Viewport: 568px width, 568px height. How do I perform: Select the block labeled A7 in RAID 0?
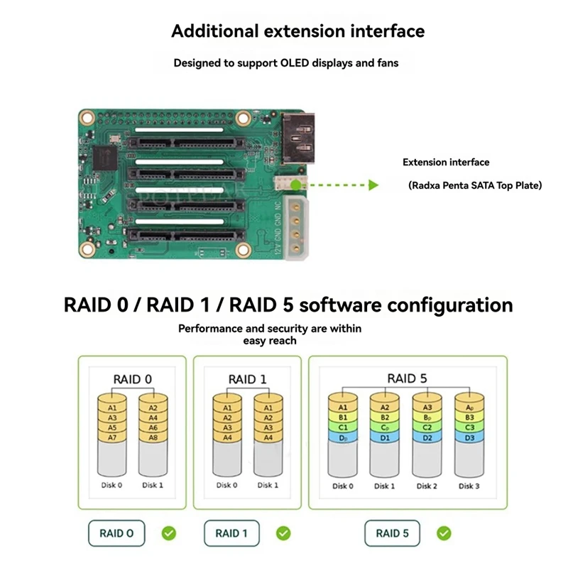(x=111, y=438)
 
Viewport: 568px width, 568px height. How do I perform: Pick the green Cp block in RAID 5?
(x=384, y=427)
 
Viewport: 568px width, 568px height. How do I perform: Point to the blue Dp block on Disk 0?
(x=342, y=438)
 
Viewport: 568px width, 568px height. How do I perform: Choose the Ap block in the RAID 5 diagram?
(x=468, y=408)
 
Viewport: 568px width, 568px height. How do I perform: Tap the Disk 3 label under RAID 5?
(x=468, y=486)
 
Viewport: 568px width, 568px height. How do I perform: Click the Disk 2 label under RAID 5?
(x=426, y=486)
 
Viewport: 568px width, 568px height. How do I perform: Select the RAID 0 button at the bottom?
(x=116, y=533)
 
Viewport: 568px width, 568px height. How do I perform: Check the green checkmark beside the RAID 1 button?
(x=283, y=532)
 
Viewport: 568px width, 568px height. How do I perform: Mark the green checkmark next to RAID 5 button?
(x=444, y=532)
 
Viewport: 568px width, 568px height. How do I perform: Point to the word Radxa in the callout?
(x=427, y=185)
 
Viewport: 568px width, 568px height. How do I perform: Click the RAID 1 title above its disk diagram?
(x=247, y=379)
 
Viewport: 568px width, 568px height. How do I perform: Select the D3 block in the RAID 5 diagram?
(x=468, y=438)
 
